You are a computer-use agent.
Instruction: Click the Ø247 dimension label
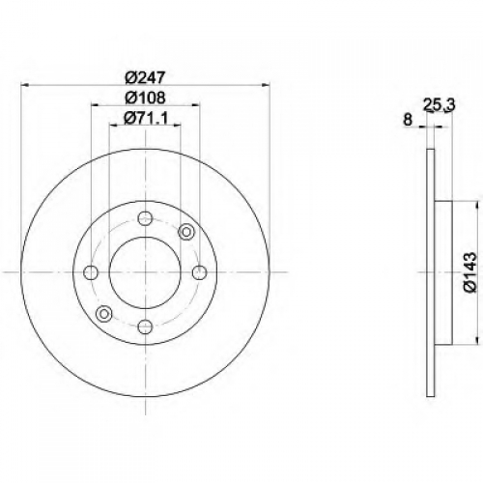tap(146, 77)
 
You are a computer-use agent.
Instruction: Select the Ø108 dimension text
tap(146, 98)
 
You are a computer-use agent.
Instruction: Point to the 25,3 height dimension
tap(439, 105)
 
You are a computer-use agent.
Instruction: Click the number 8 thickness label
tap(408, 120)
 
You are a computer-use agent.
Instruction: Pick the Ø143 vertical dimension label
tap(469, 272)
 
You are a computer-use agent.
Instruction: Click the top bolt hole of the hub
tap(145, 218)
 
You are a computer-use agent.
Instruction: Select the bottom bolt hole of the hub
tap(145, 327)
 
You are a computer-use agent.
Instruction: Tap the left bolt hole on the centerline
tap(91, 272)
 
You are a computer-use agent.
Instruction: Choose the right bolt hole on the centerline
tap(199, 272)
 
